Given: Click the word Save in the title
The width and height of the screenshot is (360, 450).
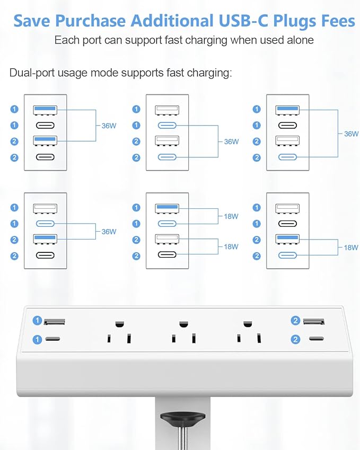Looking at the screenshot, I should coord(32,21).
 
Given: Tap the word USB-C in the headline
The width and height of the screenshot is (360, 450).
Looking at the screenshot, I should coord(242,21).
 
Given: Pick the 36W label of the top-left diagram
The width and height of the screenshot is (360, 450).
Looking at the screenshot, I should coord(109,126).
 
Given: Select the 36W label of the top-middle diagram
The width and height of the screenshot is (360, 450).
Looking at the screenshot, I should coord(231,142).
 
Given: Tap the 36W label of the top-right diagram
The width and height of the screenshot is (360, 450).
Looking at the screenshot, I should coord(351,134).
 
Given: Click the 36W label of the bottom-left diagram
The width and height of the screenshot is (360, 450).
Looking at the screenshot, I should coord(109,232).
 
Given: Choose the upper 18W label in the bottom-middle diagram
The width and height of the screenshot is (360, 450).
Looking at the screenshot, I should coord(231,216).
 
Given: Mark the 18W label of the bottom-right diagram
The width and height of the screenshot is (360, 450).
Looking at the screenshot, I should coord(351,248).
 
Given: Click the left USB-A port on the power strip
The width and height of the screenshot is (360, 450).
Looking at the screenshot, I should coord(55,321).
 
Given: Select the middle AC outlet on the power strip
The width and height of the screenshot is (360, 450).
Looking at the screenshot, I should coord(183,331).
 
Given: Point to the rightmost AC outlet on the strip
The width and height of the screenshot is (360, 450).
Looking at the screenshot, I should coord(248,331).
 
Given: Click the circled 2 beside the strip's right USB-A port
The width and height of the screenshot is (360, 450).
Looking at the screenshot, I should coord(295,321).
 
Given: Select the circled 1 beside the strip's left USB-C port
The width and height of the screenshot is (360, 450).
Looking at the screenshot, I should coord(37,339).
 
